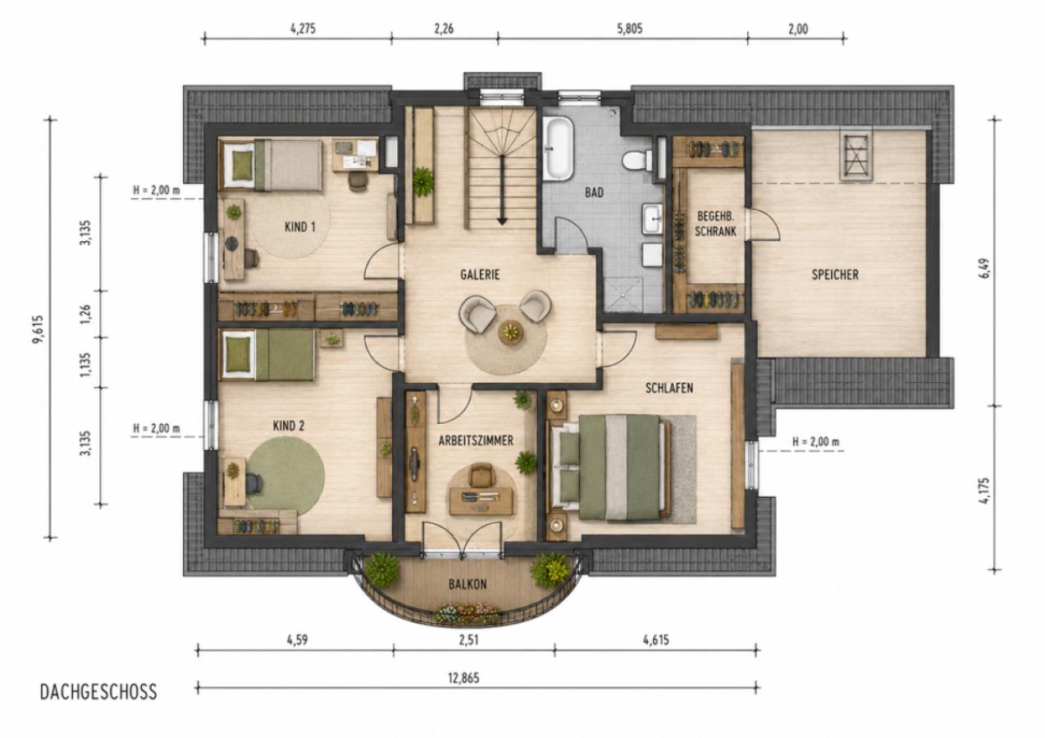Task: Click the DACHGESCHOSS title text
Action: coord(98,692)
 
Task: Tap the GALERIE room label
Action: coord(480,275)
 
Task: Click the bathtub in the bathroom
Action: coord(559,148)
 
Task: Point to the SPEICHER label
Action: coord(835,275)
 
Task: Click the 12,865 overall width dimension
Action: coord(463,678)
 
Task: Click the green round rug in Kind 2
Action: coord(285,475)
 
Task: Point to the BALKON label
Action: coord(468,584)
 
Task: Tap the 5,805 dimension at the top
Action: coord(630,29)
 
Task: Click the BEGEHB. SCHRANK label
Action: coord(715,224)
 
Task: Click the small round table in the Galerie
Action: coord(512,333)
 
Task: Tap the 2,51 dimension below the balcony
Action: coord(469,640)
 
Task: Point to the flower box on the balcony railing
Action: coord(467,613)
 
